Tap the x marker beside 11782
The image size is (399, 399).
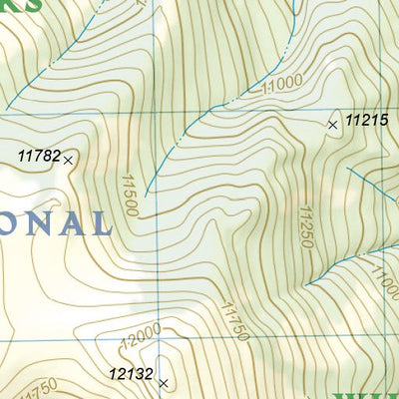[68, 159]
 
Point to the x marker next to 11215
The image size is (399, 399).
[332, 125]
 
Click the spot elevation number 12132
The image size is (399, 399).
[131, 375]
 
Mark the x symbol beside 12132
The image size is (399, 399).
[163, 382]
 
